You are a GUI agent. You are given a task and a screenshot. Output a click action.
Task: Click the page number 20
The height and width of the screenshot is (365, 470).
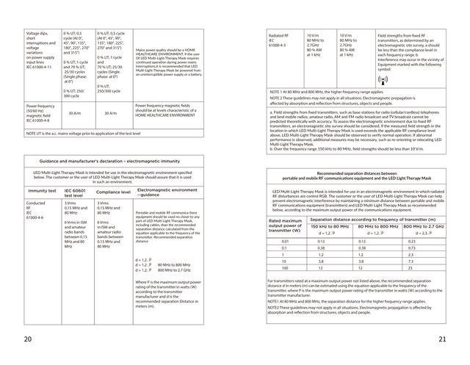click(28, 339)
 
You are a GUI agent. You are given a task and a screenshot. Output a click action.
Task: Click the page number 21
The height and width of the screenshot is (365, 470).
click(441, 339)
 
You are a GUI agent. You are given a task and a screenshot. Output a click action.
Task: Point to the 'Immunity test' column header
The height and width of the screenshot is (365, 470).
click(42, 190)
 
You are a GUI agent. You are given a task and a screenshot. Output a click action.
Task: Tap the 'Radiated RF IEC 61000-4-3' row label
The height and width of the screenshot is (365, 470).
click(283, 39)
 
